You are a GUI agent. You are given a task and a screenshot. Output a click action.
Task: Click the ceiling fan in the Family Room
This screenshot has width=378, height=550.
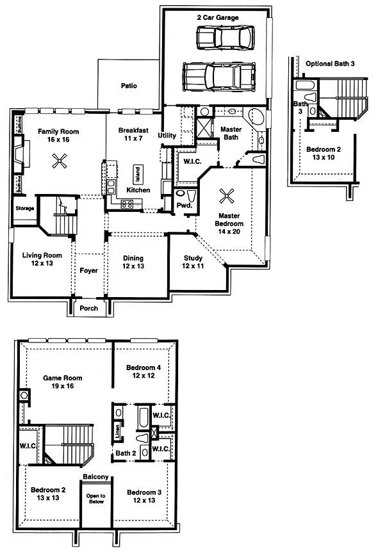(60, 161)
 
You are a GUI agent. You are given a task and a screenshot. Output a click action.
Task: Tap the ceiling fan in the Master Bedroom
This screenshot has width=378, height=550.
(226, 196)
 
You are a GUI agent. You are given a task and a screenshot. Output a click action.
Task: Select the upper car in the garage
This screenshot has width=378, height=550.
(225, 37)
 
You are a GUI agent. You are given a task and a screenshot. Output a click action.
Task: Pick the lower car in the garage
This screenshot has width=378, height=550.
(219, 76)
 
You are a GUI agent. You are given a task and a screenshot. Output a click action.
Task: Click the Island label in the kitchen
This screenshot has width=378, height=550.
(138, 174)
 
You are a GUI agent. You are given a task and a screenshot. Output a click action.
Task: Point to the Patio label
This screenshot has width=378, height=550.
(129, 86)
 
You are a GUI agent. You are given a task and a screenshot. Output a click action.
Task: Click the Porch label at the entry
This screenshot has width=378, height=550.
(89, 308)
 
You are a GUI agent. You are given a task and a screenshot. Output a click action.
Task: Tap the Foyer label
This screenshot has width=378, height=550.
(88, 270)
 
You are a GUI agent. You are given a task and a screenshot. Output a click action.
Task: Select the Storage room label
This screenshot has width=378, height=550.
(25, 208)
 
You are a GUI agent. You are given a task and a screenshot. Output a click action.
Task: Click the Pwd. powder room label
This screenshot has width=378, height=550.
(185, 206)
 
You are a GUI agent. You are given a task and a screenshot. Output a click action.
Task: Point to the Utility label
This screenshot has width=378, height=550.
(167, 135)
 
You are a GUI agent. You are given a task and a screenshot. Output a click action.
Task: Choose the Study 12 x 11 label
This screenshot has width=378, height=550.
(193, 262)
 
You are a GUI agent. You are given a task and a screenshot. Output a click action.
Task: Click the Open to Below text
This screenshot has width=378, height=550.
(96, 499)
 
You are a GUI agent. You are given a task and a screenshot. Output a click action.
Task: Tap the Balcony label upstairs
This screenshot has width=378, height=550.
(96, 477)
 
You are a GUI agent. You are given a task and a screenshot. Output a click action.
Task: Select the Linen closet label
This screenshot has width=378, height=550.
(118, 431)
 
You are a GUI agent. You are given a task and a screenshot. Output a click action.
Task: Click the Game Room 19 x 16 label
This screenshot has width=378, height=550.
(63, 382)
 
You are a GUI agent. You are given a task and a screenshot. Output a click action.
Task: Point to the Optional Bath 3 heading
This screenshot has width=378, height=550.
(330, 63)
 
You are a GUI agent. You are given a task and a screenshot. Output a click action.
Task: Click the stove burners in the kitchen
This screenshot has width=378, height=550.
(127, 204)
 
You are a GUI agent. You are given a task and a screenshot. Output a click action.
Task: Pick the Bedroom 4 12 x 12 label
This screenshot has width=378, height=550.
(144, 371)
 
